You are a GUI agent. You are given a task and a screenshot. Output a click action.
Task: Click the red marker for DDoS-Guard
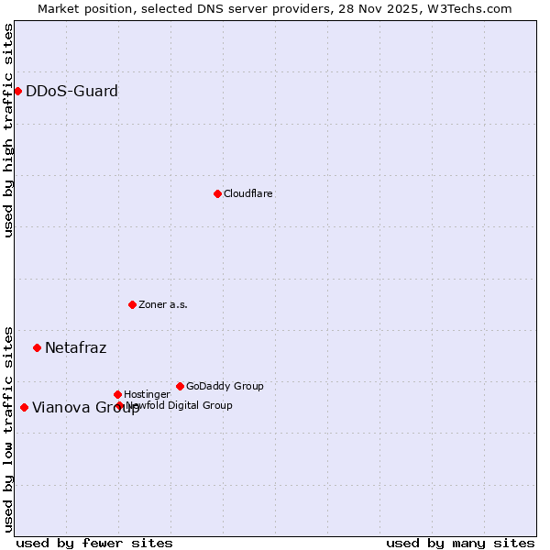tap(17, 91)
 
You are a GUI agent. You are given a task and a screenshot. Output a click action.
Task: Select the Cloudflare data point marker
tap(217, 193)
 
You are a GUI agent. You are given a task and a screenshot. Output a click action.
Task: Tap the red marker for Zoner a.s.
tap(132, 304)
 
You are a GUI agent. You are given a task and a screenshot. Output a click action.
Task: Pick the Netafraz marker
tap(37, 347)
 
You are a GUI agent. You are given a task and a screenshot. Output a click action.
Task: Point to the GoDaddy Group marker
tap(180, 386)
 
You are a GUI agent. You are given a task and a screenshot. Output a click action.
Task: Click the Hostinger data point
tap(117, 394)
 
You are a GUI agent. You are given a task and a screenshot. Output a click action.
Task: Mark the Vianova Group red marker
tap(24, 407)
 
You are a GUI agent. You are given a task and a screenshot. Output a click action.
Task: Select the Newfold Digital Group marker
tap(119, 405)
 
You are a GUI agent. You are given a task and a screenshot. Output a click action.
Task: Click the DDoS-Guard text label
tap(71, 91)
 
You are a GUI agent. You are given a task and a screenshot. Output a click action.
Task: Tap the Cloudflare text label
tap(248, 193)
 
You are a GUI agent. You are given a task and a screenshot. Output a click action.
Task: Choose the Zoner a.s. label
tap(163, 304)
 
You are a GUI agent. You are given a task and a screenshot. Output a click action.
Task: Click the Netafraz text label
tap(75, 347)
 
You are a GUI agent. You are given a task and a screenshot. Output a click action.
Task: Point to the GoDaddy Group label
tap(225, 386)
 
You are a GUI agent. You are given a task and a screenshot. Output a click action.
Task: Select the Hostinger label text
tap(147, 394)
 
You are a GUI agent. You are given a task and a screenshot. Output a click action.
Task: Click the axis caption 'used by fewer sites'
tap(94, 543)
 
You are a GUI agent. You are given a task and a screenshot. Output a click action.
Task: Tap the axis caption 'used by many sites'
tap(460, 543)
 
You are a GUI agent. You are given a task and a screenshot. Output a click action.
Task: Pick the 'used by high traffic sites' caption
tap(8, 130)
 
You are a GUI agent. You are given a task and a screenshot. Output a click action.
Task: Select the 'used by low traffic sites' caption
tap(8, 428)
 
